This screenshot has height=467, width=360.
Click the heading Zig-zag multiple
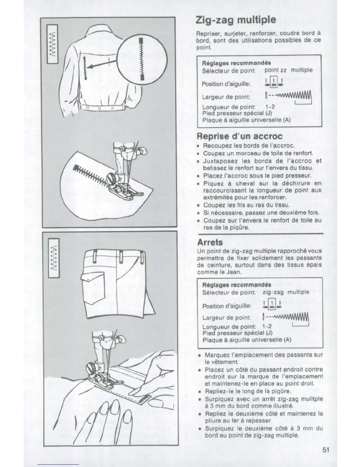[236, 20]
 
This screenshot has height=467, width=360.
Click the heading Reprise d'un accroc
[239, 136]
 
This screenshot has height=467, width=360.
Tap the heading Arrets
[210, 242]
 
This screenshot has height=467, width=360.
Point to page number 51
[326, 450]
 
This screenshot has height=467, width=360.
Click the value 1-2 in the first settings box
[270, 107]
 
